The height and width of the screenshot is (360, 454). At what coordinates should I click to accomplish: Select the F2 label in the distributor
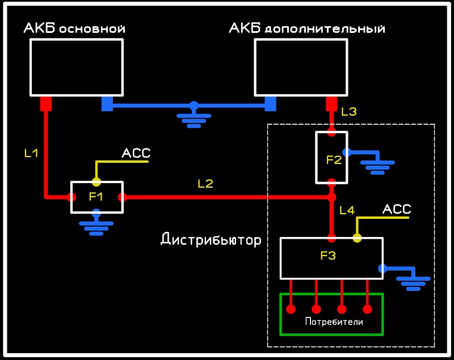tap(334, 160)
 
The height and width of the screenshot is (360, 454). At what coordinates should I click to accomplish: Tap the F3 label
tap(328, 256)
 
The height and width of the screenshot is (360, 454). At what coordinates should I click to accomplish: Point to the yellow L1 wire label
tap(31, 153)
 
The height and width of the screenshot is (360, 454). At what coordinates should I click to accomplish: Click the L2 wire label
tap(205, 184)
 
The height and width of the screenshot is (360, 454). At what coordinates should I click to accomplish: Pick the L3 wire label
tap(349, 112)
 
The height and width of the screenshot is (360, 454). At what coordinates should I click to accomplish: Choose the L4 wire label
tap(347, 210)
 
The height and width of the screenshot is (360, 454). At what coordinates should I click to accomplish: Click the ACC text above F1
tap(136, 153)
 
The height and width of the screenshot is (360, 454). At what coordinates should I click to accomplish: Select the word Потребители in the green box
tap(334, 322)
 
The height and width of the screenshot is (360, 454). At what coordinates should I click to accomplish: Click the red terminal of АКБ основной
tap(46, 104)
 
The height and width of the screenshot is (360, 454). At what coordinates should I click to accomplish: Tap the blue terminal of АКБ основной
tap(107, 104)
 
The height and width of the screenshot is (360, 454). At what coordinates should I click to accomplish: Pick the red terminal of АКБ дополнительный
tap(331, 104)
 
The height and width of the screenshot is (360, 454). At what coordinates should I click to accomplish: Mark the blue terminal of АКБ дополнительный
tap(271, 104)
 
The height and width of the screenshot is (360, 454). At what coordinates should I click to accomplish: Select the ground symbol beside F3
tap(413, 280)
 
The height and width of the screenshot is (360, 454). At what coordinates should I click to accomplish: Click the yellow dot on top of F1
tap(96, 182)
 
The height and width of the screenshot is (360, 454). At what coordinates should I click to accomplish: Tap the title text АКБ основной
tap(74, 28)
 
